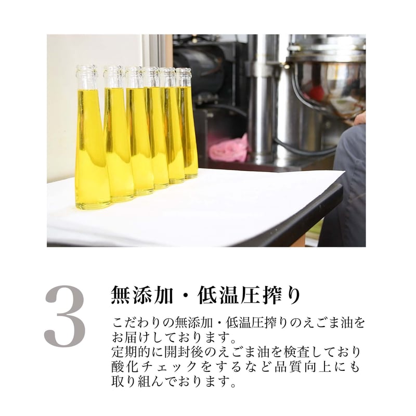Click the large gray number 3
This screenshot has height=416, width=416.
pos(65,316)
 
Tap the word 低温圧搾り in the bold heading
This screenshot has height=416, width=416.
pos(249,295)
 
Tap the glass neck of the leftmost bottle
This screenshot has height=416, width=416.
pos(87,78)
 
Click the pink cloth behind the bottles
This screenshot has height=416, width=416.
pos(228,149)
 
